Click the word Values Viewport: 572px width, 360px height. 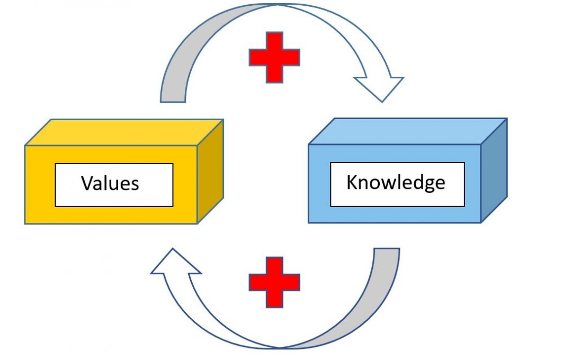110,183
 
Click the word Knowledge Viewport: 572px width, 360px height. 396,183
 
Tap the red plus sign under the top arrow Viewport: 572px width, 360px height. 274,57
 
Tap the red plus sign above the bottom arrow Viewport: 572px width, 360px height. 274,283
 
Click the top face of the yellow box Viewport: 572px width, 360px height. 124,132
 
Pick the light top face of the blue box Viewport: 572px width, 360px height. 408,131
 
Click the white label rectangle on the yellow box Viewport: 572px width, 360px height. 114,199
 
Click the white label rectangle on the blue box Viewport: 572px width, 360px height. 397,199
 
